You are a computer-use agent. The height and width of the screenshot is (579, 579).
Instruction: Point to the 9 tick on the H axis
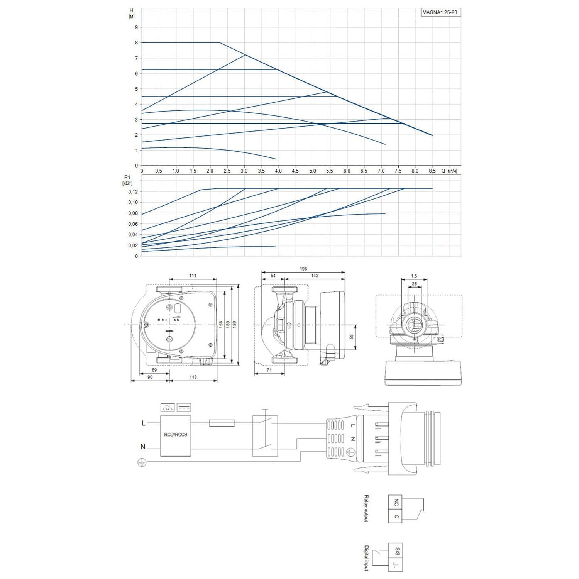click(136, 27)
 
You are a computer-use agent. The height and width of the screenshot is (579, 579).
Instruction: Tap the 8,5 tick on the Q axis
click(432, 171)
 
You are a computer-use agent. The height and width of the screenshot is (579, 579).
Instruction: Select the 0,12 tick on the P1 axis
click(133, 191)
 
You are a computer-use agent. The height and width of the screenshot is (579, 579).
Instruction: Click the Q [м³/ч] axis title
click(449, 171)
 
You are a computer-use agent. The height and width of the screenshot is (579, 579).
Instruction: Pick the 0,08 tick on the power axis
click(133, 213)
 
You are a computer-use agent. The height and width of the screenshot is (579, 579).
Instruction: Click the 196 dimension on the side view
click(303, 269)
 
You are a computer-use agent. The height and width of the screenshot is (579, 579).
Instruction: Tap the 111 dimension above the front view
click(193, 276)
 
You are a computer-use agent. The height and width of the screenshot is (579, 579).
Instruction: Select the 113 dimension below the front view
click(193, 377)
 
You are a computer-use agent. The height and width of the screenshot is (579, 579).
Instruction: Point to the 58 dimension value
click(351, 337)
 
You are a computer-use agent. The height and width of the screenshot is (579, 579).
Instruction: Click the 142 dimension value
click(315, 276)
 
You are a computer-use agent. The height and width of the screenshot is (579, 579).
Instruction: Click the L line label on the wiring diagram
click(144, 423)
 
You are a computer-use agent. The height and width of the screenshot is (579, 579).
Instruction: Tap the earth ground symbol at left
click(142, 462)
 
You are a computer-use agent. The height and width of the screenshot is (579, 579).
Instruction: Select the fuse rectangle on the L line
click(222, 423)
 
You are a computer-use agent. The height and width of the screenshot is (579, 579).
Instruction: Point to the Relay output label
click(366, 508)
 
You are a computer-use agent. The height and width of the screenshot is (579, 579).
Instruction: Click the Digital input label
click(366, 558)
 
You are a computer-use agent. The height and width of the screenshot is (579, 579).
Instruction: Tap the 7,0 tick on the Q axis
click(381, 171)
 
